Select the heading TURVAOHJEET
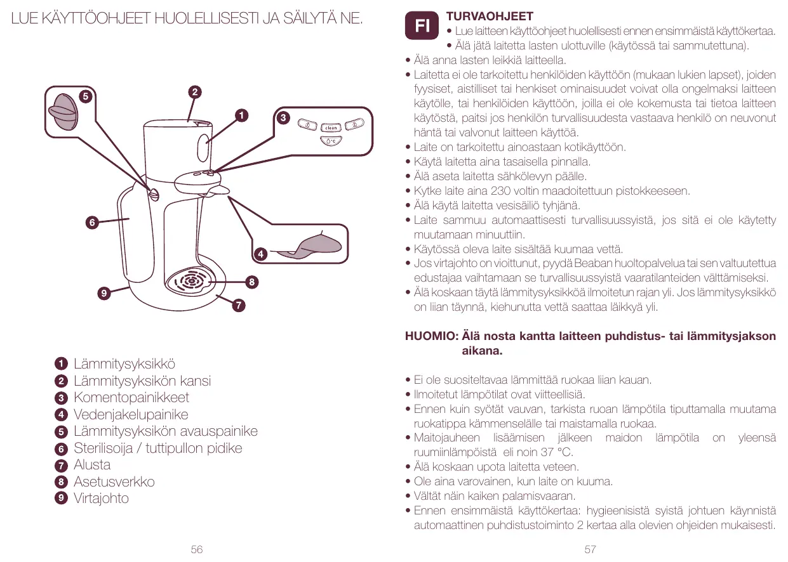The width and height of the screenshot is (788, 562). pos(490,16)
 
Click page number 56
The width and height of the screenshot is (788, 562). pos(197,549)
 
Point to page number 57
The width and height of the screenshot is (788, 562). pos(590,549)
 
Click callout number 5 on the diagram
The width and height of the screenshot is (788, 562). pos(83,96)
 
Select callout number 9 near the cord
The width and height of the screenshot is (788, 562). pos(104,292)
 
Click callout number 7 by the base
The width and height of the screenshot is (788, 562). pos(237,306)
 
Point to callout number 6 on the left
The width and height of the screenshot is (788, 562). pos(92,223)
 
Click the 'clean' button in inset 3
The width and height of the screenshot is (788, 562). pos(331,128)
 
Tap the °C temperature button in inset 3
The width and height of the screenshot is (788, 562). pos(331,141)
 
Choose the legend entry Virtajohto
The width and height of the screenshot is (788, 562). pos(101,499)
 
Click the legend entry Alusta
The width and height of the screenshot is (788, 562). pos(92,465)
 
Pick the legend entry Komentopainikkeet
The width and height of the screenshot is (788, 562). pos(131,398)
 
